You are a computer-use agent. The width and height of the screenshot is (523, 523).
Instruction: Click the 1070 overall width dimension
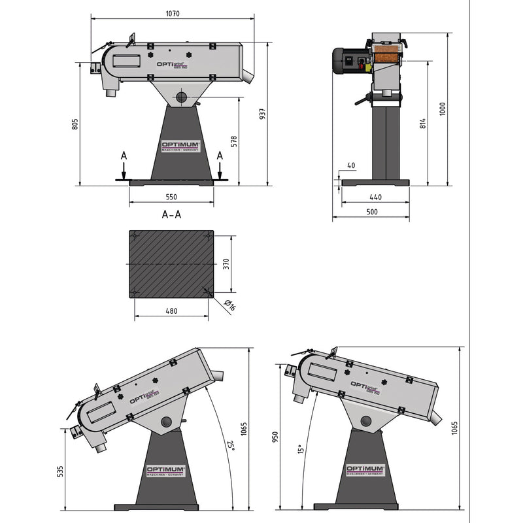(173, 12)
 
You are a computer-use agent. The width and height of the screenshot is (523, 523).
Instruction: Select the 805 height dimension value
(75, 124)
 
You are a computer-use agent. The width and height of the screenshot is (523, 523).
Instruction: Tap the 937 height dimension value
(262, 113)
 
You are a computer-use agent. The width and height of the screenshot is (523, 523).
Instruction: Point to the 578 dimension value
(233, 141)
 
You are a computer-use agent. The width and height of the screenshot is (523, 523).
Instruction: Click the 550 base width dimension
(171, 197)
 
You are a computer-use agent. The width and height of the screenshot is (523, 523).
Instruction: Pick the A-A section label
(171, 214)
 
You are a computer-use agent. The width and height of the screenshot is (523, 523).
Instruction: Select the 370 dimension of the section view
(226, 263)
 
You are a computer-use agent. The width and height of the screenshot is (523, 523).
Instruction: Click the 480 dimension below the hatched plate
(171, 311)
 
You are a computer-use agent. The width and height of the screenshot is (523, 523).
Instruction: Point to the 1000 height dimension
(443, 108)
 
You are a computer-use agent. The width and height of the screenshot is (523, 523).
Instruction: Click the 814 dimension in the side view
(422, 124)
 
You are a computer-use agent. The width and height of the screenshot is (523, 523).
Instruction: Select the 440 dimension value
(375, 197)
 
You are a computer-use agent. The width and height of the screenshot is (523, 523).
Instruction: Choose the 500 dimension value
(371, 212)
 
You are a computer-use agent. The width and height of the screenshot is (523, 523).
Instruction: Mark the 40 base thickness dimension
(351, 166)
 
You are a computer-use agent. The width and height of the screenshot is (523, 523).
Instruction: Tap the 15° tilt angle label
(301, 450)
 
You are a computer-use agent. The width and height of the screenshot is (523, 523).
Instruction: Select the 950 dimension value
(275, 437)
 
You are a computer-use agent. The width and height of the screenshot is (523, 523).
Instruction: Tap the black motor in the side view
(345, 61)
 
